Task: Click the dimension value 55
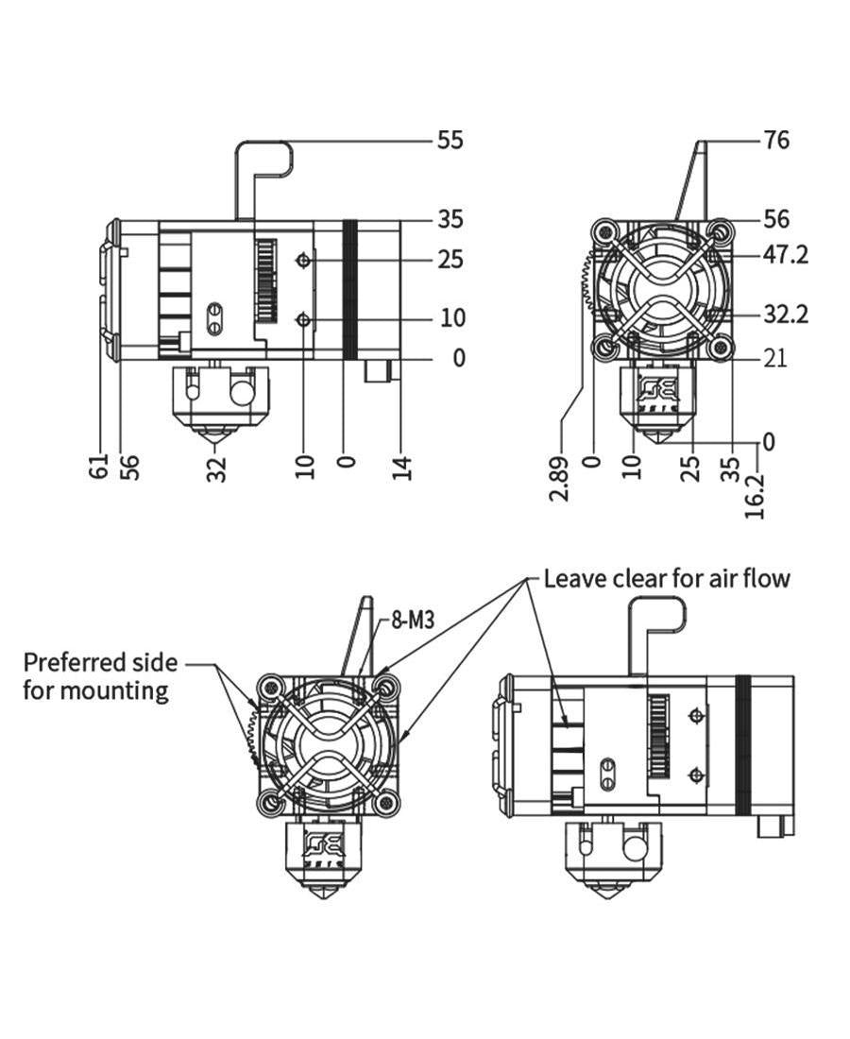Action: (450, 141)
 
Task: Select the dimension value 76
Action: (775, 141)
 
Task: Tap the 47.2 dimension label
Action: (786, 254)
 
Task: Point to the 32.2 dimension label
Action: (786, 314)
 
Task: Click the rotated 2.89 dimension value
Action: (560, 478)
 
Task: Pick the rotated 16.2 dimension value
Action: (755, 496)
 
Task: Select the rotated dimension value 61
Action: (99, 466)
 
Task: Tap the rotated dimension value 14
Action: (403, 468)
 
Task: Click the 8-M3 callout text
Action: (413, 621)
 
